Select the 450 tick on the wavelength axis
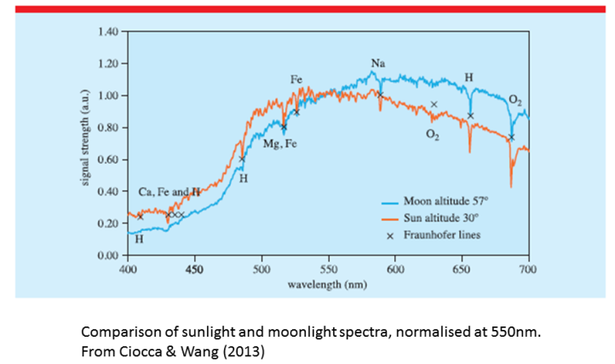tap(194, 268)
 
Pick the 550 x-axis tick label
tap(328, 268)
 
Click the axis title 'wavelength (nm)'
tap(327, 283)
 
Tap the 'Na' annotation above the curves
tap(377, 63)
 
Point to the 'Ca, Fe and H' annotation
tap(170, 192)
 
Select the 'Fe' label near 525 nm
tap(296, 79)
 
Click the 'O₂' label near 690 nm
tap(514, 100)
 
